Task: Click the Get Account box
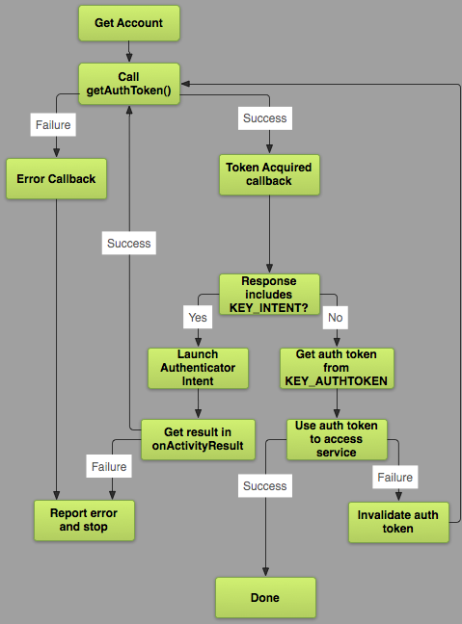128,22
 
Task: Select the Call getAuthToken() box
128,84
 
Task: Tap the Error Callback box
56,179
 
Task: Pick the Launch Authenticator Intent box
198,367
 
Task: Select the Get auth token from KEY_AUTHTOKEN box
336,367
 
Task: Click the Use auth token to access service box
336,438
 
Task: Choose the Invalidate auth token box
397,521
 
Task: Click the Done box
264,597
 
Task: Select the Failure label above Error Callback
53,124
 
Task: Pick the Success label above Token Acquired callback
263,119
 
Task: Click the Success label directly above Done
264,486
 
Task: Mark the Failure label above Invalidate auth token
394,477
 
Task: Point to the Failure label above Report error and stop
108,466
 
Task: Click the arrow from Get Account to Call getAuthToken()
128,52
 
